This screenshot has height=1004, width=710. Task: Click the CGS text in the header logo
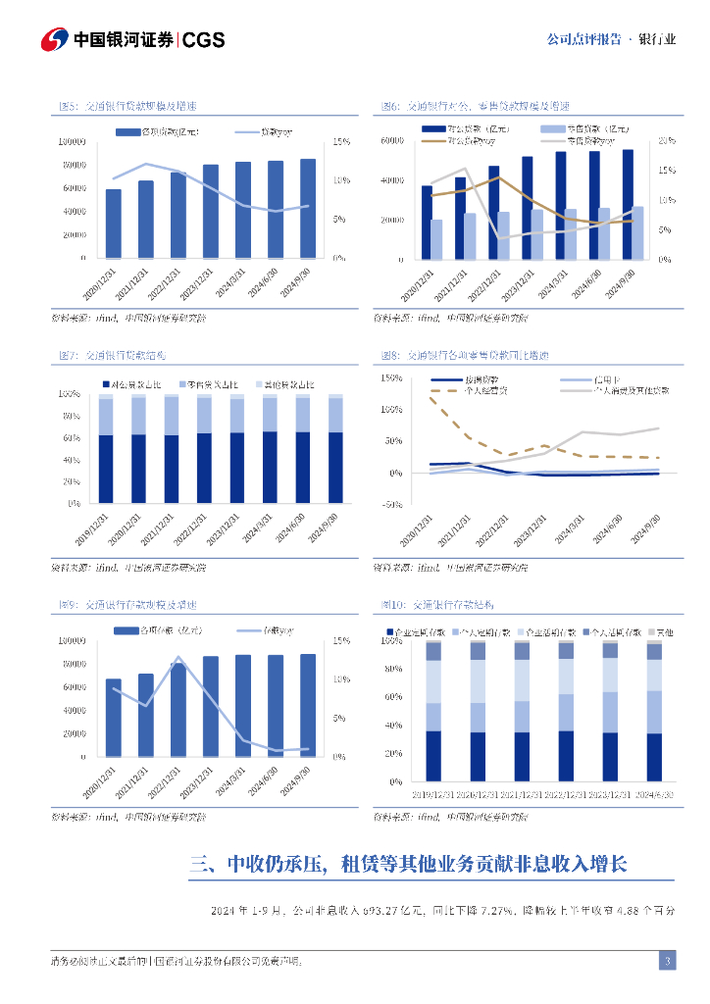pyautogui.click(x=204, y=40)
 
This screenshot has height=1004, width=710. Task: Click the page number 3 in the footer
pyautogui.click(x=667, y=961)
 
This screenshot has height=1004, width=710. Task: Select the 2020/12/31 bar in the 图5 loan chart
pyautogui.click(x=114, y=224)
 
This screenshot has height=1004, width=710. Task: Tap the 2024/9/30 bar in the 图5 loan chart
pyautogui.click(x=308, y=209)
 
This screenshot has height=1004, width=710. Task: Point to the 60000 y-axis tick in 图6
pyautogui.click(x=392, y=141)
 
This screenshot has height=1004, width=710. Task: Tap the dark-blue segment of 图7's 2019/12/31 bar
pyautogui.click(x=106, y=470)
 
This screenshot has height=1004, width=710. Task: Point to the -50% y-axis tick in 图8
pyautogui.click(x=390, y=505)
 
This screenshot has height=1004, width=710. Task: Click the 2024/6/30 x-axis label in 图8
pyautogui.click(x=610, y=527)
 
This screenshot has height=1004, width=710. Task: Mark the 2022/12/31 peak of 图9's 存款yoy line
pyautogui.click(x=178, y=657)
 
